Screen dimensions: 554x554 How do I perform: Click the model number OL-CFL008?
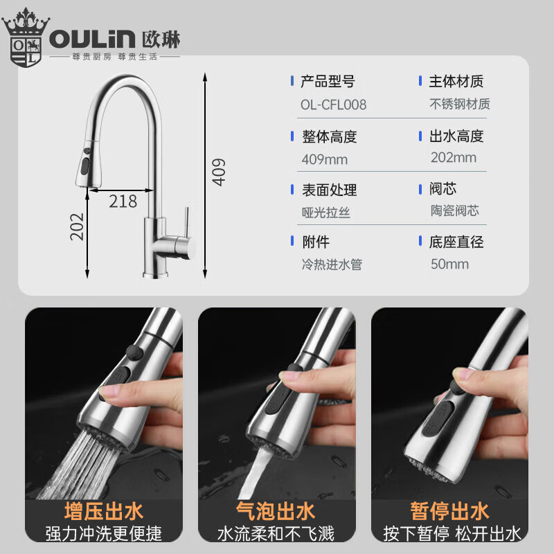333,105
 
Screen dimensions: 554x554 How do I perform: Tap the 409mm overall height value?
324,160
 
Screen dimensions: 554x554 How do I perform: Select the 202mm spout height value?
453,157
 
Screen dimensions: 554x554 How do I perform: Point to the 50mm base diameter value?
449,264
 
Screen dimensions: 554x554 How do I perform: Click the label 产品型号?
328,82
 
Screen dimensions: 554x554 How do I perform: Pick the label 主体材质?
456,82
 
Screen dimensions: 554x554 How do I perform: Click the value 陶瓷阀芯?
454,211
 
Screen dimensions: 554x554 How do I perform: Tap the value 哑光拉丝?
325,213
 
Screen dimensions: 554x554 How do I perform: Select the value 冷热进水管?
332,265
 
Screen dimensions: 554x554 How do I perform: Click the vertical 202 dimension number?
77,226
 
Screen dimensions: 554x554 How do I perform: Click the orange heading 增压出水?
104,512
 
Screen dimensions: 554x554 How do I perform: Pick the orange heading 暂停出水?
450,512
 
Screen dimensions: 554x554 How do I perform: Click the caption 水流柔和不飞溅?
276,534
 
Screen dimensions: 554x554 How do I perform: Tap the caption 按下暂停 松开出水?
452,534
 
